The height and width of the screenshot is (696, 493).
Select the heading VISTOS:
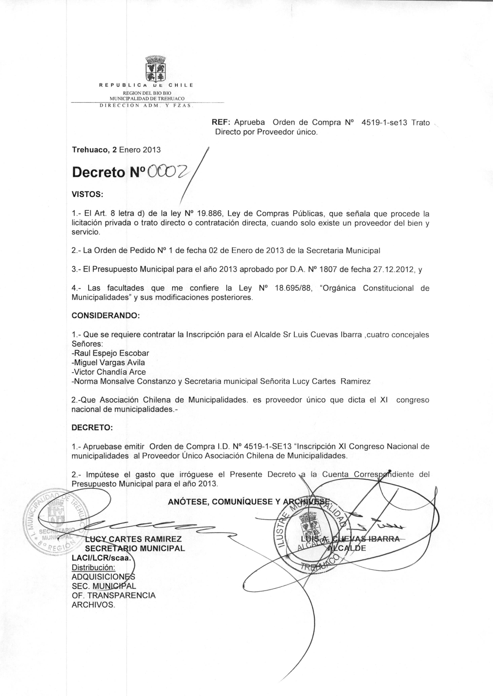click(x=87, y=194)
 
